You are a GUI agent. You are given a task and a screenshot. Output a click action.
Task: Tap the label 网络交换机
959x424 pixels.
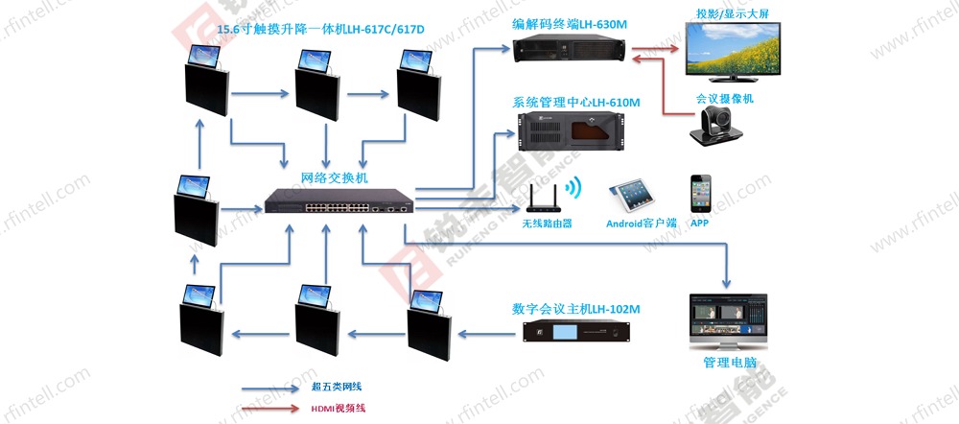click(x=334, y=178)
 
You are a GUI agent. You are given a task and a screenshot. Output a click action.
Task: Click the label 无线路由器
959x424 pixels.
click(x=547, y=224)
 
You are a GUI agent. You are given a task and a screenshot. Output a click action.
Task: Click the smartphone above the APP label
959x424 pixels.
click(x=700, y=194)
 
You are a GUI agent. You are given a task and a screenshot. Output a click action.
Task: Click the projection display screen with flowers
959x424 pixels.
click(x=737, y=52)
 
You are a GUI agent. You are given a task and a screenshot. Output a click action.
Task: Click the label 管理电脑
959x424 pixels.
click(x=730, y=364)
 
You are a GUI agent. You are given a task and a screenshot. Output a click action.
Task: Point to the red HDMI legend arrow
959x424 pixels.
click(x=269, y=409)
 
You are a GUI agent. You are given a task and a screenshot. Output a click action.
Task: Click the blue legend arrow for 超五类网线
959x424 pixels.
click(x=269, y=389)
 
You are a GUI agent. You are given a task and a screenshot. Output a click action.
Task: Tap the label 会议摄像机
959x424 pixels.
click(x=725, y=99)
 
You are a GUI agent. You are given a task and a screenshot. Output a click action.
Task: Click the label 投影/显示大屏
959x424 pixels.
click(x=735, y=15)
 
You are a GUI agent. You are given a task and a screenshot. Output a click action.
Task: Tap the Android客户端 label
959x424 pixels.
click(x=642, y=224)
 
